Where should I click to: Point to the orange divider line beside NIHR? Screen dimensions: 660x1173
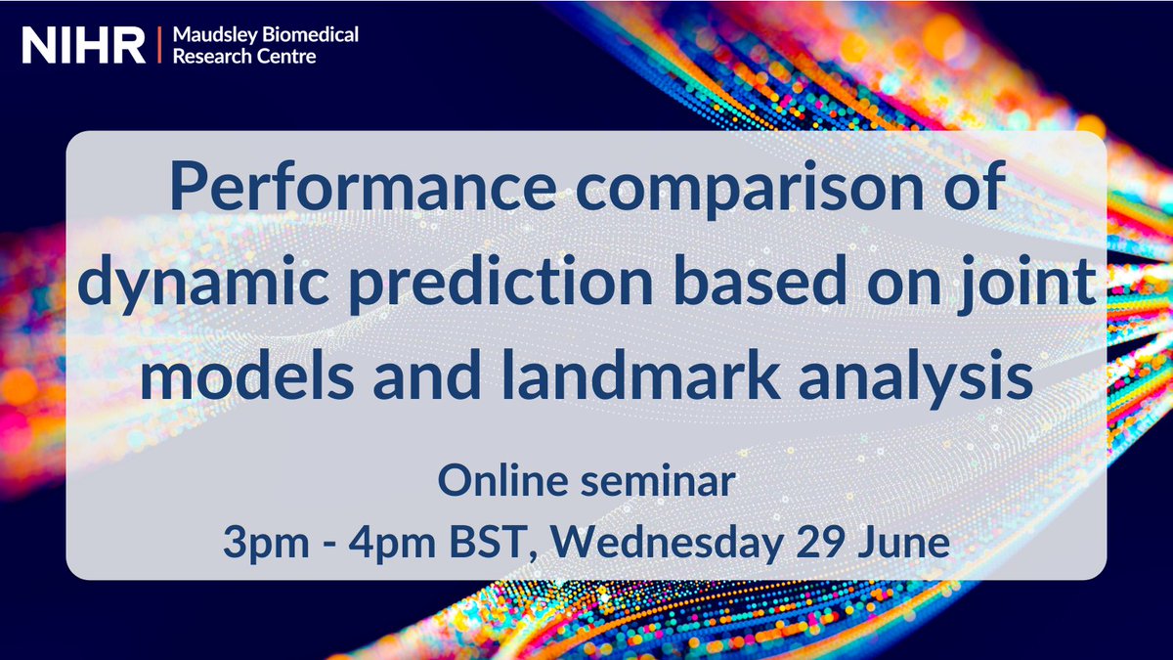[157, 45]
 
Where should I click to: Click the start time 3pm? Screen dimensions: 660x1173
[259, 540]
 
